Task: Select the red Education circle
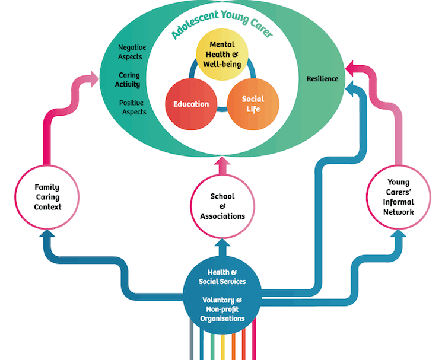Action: coord(190,104)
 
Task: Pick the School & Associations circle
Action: coord(222,205)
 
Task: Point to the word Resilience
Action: coord(322,78)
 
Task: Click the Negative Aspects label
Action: coord(130,52)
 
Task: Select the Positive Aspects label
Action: coord(132,107)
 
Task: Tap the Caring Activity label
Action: coord(129,79)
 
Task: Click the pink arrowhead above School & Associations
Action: coord(222,164)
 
